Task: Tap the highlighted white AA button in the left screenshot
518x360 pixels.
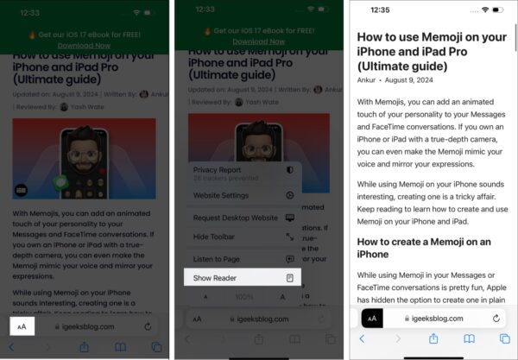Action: [x=22, y=327]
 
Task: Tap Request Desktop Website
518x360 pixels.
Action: [x=235, y=218]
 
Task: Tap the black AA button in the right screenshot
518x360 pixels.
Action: [x=372, y=319]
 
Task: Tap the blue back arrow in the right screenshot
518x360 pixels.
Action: [x=363, y=339]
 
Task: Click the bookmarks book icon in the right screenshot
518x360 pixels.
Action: [x=469, y=339]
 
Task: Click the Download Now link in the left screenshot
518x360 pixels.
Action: [x=83, y=44]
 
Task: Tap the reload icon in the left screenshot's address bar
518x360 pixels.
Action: [x=148, y=327]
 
